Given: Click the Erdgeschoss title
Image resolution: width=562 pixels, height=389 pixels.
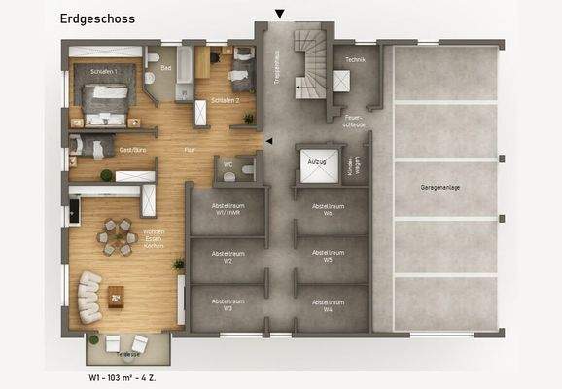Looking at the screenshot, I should (97, 18).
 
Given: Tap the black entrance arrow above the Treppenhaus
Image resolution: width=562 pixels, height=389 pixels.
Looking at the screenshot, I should (280, 14).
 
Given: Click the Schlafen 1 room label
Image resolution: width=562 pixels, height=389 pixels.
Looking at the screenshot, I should (104, 72).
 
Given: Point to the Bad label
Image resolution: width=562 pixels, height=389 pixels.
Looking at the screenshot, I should (165, 68).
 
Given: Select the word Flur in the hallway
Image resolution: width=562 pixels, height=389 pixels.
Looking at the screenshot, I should (191, 151).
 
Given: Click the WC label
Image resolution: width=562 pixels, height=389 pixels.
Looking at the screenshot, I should (228, 164).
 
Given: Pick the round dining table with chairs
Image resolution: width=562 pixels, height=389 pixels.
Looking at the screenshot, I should (117, 236).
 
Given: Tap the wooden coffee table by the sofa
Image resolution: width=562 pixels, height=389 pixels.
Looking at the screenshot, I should (117, 293).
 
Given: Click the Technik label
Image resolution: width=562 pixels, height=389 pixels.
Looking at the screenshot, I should (353, 59).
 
